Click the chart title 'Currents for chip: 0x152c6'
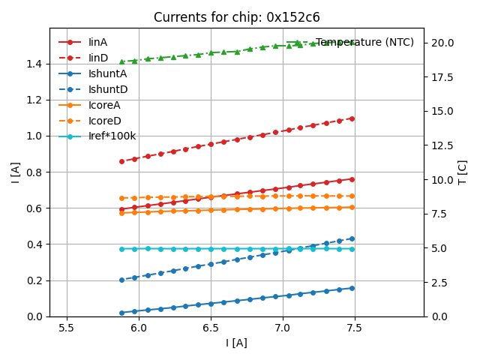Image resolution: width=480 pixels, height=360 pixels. click(x=236, y=17)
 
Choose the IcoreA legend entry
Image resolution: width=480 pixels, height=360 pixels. click(x=104, y=105)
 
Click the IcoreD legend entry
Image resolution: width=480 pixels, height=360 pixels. click(x=104, y=121)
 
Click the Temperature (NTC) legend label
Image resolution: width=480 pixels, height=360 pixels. click(x=364, y=42)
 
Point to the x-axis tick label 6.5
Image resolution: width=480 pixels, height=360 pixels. click(x=211, y=328)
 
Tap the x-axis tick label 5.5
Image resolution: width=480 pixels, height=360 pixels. click(x=67, y=328)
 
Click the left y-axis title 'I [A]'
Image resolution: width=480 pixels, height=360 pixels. click(x=15, y=172)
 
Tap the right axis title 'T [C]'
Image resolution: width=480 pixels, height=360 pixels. click(x=463, y=172)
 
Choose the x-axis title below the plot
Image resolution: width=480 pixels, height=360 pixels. click(x=236, y=343)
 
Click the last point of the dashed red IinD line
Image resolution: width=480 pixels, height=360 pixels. click(x=352, y=118)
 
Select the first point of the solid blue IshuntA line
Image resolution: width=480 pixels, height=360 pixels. click(x=121, y=313)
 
